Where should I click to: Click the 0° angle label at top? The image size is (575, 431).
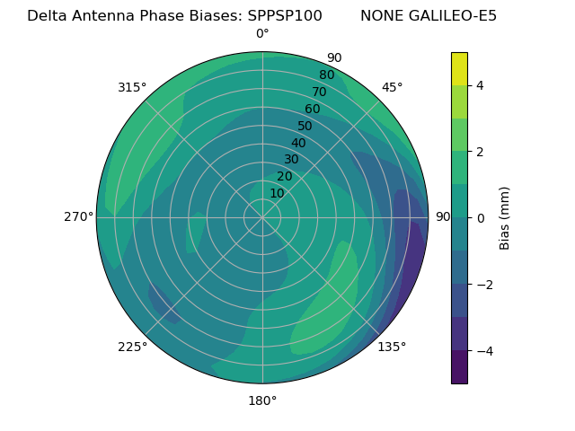pos(262,34)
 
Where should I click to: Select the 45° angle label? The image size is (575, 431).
pos(392,87)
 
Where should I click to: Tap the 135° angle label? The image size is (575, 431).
pos(392,347)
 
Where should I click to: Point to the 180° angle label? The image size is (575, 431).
pos(262,400)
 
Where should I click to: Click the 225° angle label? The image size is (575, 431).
pos(132,347)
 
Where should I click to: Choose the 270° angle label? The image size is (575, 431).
pos(78,216)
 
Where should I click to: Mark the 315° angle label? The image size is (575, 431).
pos(132,87)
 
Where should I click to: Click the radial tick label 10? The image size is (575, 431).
pos(277,193)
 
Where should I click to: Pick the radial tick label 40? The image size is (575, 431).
pos(298,143)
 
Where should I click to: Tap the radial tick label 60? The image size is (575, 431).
pos(313,110)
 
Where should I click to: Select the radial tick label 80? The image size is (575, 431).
pos(326,75)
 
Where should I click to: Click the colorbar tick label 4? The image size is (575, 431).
pos(480,85)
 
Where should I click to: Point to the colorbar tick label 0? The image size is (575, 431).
pos(480,218)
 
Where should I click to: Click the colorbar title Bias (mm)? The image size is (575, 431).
pos(505,218)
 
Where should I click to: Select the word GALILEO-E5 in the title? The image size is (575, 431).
pos(455,16)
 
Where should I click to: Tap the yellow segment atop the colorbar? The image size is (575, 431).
pos(459,68)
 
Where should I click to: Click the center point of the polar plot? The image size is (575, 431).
pos(262,217)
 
